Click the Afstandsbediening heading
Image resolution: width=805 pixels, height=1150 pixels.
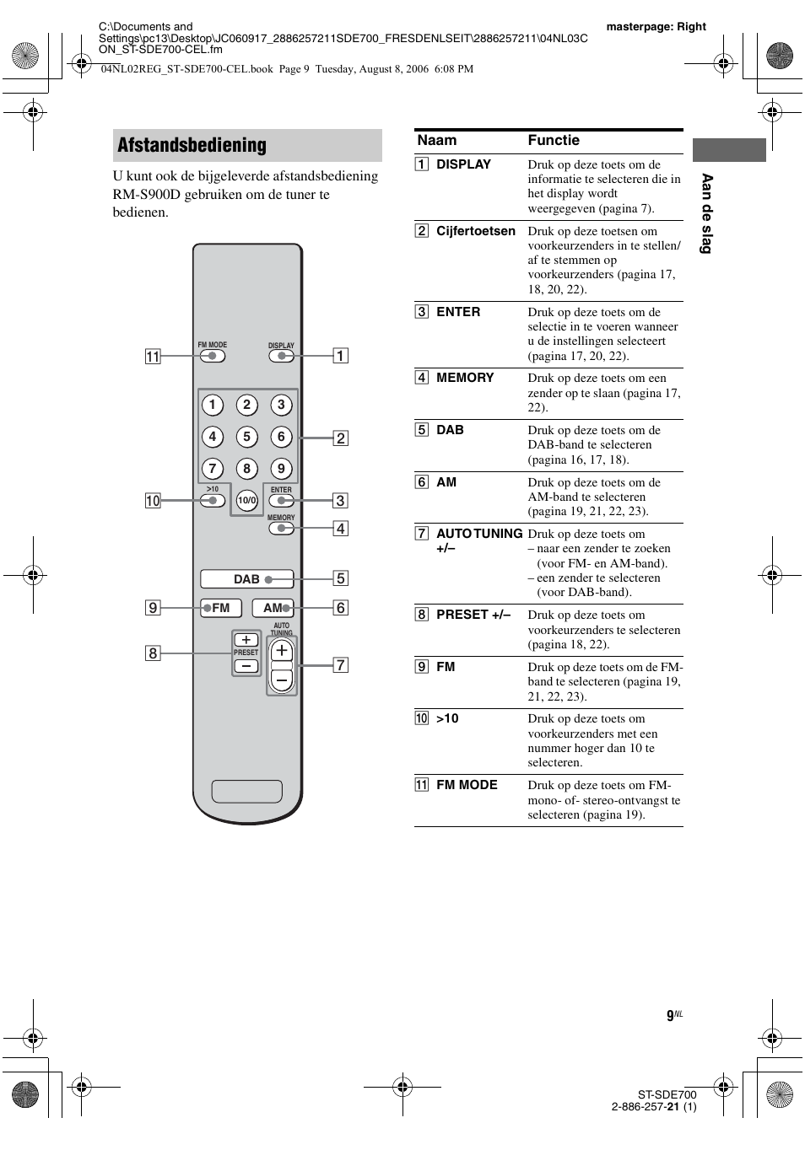192,145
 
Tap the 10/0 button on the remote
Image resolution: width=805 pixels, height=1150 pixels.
246,501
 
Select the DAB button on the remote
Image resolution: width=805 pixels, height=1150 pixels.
246,579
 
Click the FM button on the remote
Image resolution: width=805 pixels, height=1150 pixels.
221,608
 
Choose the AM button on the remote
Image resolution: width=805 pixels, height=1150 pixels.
273,608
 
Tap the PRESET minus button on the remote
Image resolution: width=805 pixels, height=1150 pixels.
246,666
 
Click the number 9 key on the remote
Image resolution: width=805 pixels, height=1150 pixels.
281,469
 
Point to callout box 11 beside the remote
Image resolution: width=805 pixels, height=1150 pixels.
153,357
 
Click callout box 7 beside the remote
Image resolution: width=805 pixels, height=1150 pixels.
340,665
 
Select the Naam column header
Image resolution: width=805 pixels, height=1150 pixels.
436,141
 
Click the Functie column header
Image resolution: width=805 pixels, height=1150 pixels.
554,141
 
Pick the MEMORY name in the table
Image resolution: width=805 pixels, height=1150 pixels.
465,378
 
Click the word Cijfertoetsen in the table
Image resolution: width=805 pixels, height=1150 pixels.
475,231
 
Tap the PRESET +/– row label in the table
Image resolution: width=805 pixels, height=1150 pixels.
473,615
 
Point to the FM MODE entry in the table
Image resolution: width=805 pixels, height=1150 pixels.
467,785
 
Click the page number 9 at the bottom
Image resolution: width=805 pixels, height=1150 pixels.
670,1015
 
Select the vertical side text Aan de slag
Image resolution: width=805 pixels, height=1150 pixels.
707,213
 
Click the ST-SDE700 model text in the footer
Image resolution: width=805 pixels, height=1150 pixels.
667,1094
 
